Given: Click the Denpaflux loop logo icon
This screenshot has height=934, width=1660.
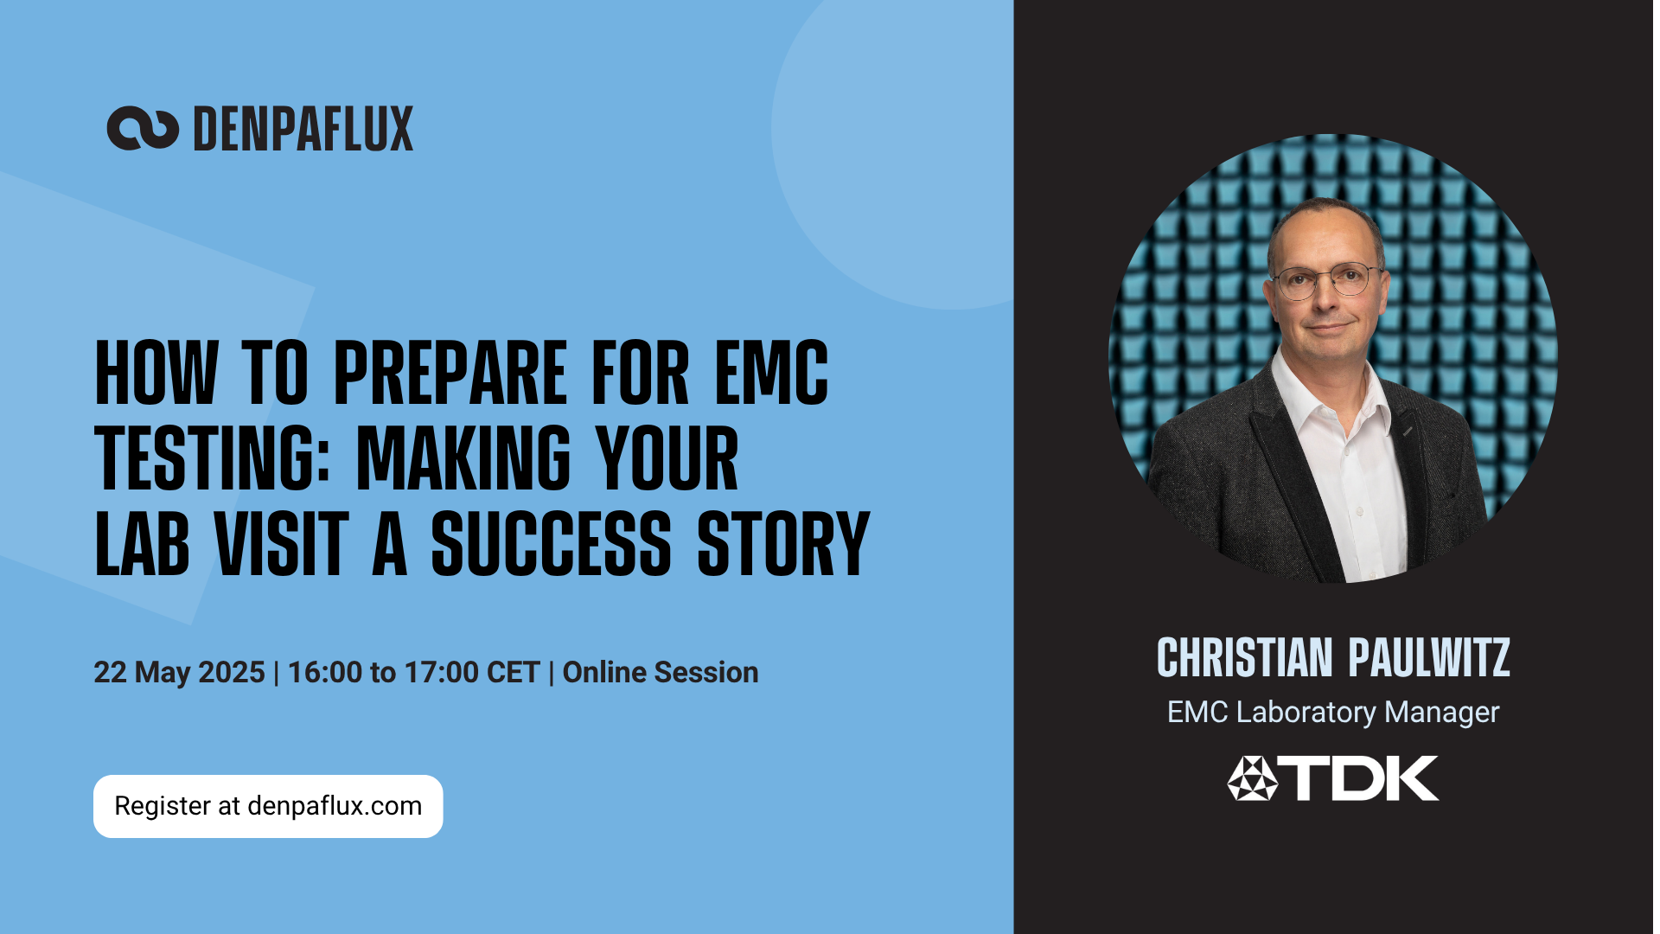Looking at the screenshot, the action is point(143,129).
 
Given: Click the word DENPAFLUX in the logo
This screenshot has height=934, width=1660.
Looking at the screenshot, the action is point(303,129).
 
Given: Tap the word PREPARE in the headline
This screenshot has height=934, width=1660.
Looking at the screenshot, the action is point(450,373).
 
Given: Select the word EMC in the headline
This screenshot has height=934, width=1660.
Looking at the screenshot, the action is point(771,373).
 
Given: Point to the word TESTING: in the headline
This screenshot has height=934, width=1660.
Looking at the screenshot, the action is point(213,458).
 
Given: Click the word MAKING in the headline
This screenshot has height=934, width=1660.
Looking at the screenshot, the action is point(464,458).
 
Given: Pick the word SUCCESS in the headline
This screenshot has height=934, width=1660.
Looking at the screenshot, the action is point(551,543).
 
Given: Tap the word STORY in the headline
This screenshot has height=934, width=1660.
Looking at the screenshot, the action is point(783,543).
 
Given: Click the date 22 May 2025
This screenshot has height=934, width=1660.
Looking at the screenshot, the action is point(179,672).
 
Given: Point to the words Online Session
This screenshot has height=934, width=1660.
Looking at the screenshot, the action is point(661,672).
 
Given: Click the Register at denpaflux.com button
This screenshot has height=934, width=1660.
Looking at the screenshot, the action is point(268,806).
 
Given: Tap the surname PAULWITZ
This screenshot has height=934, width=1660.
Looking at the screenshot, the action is point(1429,657).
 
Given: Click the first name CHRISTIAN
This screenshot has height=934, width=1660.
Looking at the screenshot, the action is point(1245,657).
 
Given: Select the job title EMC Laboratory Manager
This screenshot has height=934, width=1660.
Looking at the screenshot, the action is point(1333,712).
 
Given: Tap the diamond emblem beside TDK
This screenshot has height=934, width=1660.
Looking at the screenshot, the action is point(1252,778).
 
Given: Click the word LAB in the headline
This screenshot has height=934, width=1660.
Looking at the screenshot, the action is point(142,543).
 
